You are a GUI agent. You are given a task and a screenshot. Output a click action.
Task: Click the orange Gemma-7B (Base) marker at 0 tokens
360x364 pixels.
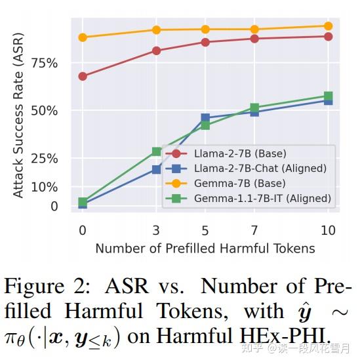click(x=83, y=37)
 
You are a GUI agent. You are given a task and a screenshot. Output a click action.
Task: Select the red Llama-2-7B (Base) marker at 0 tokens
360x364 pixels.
click(x=83, y=76)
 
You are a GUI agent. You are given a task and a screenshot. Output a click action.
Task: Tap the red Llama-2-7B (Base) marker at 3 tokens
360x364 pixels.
click(x=156, y=51)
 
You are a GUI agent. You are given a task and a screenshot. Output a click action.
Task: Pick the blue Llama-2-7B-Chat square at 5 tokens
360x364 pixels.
click(x=205, y=118)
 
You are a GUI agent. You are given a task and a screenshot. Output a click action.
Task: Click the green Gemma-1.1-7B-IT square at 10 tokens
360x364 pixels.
click(x=328, y=96)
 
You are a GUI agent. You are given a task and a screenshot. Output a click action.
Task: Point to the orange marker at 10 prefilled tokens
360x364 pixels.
click(x=328, y=26)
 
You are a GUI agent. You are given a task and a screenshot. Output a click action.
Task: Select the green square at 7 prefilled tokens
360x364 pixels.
click(x=254, y=108)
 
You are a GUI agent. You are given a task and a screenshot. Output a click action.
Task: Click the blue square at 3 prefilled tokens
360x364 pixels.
click(x=156, y=169)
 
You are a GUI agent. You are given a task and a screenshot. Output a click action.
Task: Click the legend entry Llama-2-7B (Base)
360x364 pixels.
click(x=240, y=154)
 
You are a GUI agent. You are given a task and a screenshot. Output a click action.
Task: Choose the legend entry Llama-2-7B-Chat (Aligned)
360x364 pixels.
click(x=260, y=169)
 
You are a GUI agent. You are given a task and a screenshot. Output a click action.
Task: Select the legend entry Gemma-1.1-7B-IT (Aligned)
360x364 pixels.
click(x=262, y=197)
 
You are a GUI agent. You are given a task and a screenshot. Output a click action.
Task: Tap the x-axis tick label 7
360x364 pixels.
click(x=254, y=230)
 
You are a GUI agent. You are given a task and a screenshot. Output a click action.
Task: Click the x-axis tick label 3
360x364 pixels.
click(x=156, y=230)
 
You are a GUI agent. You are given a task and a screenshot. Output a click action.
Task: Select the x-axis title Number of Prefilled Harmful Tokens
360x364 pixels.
click(x=205, y=249)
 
